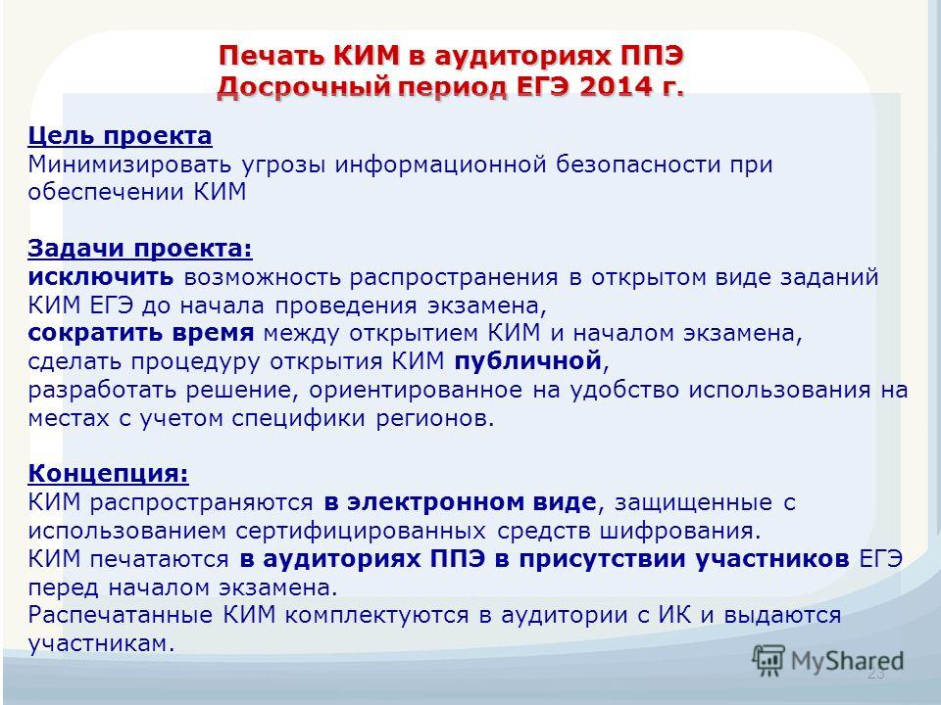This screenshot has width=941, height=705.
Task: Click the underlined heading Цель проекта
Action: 120,137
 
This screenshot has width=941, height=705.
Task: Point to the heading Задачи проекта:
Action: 140,249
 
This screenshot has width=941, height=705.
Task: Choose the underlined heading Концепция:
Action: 109,474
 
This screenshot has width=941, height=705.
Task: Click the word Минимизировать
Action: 129,164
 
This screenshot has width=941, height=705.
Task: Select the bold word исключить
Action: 101,277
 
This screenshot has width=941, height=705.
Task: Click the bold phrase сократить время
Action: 141,333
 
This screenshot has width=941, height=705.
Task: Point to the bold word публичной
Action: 528,361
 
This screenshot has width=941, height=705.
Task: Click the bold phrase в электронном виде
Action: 461,502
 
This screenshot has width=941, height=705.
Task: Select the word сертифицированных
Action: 360,531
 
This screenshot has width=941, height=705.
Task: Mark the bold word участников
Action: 773,559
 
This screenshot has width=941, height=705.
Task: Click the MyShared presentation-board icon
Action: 768,661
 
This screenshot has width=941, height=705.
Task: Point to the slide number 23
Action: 875,674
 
